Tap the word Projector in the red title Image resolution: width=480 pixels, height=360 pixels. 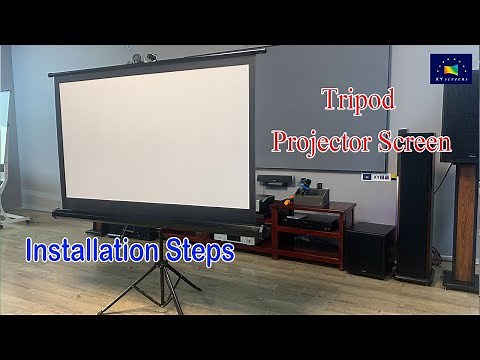[x=323, y=141]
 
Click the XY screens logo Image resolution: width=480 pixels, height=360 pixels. [x=450, y=68]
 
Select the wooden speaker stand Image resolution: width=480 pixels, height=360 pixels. [x=463, y=226]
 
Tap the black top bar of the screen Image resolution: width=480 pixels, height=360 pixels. [x=160, y=62]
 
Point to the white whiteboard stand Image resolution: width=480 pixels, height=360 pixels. [x=7, y=160]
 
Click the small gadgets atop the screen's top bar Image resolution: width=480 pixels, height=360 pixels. [x=144, y=58]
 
